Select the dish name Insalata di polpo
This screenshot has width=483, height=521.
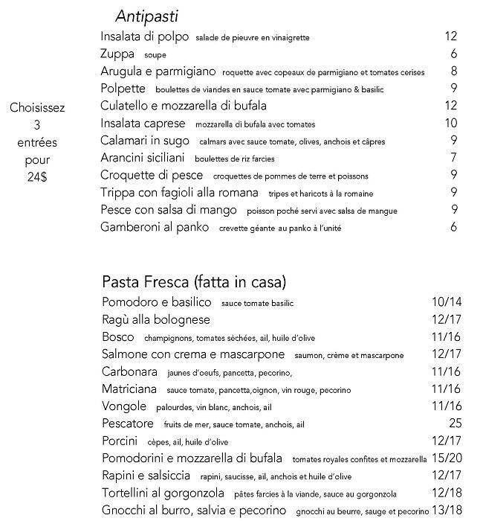[x=145, y=36]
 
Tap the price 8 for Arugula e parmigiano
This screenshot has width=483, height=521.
[x=453, y=71]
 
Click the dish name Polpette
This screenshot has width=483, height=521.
[x=124, y=89]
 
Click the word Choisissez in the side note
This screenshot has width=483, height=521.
[x=37, y=107]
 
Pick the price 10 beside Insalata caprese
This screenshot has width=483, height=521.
[x=450, y=124]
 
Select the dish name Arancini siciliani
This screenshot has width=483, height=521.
[x=143, y=158]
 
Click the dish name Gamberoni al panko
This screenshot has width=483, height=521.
[x=155, y=228]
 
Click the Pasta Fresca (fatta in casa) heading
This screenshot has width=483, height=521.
[x=194, y=282]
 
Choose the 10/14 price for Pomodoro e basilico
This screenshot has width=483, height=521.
[x=446, y=302]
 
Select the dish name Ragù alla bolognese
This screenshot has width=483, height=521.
[x=155, y=320]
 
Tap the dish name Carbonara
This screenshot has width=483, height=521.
[x=129, y=371]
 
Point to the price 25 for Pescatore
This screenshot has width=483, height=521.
[x=455, y=423]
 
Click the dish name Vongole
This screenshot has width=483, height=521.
[x=124, y=406]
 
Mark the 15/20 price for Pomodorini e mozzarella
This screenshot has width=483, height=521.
[x=446, y=458]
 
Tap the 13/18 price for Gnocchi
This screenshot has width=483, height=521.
[x=446, y=511]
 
